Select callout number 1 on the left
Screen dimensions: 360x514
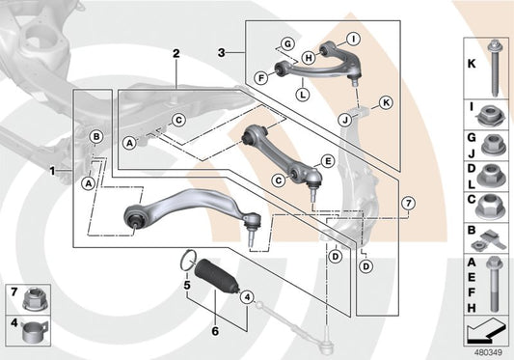pos(53,171)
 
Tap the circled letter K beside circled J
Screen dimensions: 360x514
pos(386,101)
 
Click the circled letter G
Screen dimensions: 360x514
pos(286,42)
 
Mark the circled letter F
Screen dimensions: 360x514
pos(261,76)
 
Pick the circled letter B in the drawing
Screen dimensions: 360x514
pos(96,136)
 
